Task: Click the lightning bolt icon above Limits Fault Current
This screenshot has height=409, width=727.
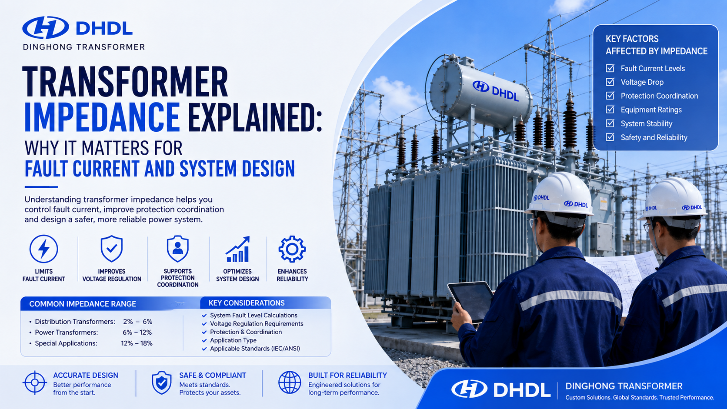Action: pos(44,249)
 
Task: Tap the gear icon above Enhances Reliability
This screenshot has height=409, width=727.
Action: pos(292,249)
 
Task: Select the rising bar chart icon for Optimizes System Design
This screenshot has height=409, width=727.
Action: pos(237,249)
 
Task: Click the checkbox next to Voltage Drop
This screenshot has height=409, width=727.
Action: pos(610,82)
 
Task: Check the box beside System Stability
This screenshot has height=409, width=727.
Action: pos(610,123)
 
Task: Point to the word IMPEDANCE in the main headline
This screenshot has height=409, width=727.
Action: pos(102,117)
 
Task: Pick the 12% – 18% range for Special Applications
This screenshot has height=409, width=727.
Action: pos(137,343)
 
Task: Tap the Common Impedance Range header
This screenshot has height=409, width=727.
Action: pos(83,304)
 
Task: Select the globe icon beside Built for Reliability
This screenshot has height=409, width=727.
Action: pos(290,383)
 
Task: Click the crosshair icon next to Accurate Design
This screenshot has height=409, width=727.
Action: pos(35,383)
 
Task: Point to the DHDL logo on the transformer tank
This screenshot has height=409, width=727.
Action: pos(495,90)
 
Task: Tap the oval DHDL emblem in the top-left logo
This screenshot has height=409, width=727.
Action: pos(45,27)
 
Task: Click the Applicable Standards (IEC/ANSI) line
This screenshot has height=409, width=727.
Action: pos(255,349)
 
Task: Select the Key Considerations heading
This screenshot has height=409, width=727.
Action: pos(247,303)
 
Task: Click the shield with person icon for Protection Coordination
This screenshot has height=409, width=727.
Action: pos(177,249)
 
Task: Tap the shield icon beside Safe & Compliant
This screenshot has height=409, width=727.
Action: pos(162,383)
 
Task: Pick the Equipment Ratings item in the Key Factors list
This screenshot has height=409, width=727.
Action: pos(651,110)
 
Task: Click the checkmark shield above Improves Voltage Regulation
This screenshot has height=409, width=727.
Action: pos(112,249)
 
